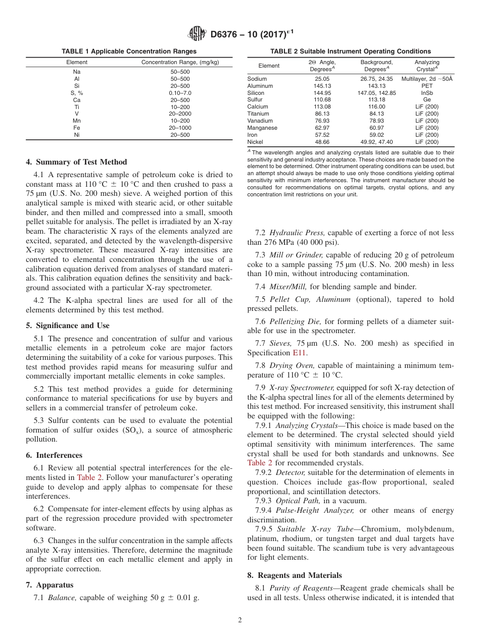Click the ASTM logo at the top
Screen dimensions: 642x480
click(x=197, y=34)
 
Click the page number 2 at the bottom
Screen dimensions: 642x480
click(x=240, y=620)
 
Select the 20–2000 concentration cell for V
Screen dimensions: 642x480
click(x=180, y=114)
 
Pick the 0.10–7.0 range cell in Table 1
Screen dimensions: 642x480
click(x=180, y=93)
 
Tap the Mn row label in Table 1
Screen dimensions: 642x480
click(x=77, y=121)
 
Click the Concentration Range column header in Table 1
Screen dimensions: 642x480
click(x=180, y=63)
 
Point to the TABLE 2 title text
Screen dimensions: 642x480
click(x=350, y=51)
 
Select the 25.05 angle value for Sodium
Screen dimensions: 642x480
click(x=322, y=79)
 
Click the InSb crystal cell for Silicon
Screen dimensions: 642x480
click(x=427, y=93)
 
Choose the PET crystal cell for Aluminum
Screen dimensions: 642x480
click(x=427, y=86)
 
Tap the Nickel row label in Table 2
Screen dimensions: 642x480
click(x=256, y=142)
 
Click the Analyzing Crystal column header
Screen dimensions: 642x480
click(x=427, y=66)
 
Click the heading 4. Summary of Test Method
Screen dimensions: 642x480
click(x=76, y=162)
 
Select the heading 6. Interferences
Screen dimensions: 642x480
click(x=54, y=455)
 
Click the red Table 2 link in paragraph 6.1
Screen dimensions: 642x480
click(x=88, y=477)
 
